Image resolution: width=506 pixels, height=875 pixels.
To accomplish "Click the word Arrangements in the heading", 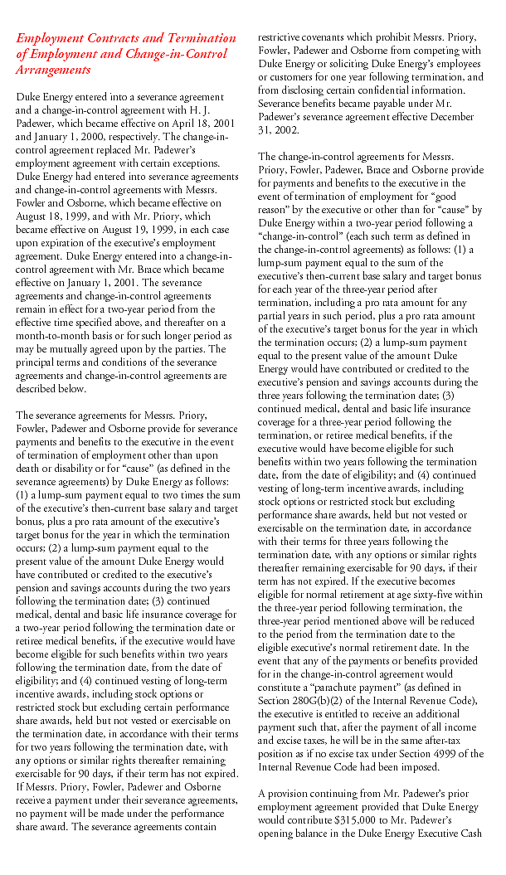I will [54, 70].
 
